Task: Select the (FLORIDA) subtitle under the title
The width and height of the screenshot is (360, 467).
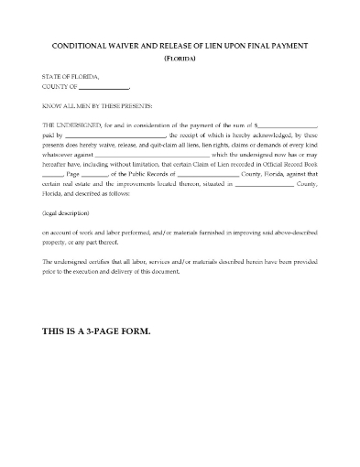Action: click(180, 59)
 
